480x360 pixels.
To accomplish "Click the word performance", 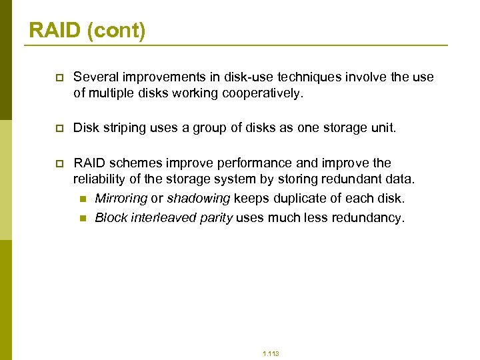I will tap(233, 163).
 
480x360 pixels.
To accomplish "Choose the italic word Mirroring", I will tap(121, 199).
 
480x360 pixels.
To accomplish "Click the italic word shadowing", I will tap(198, 199).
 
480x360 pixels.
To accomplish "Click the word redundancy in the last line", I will tap(369, 218).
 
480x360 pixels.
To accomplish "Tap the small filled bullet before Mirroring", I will tap(82, 199).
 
